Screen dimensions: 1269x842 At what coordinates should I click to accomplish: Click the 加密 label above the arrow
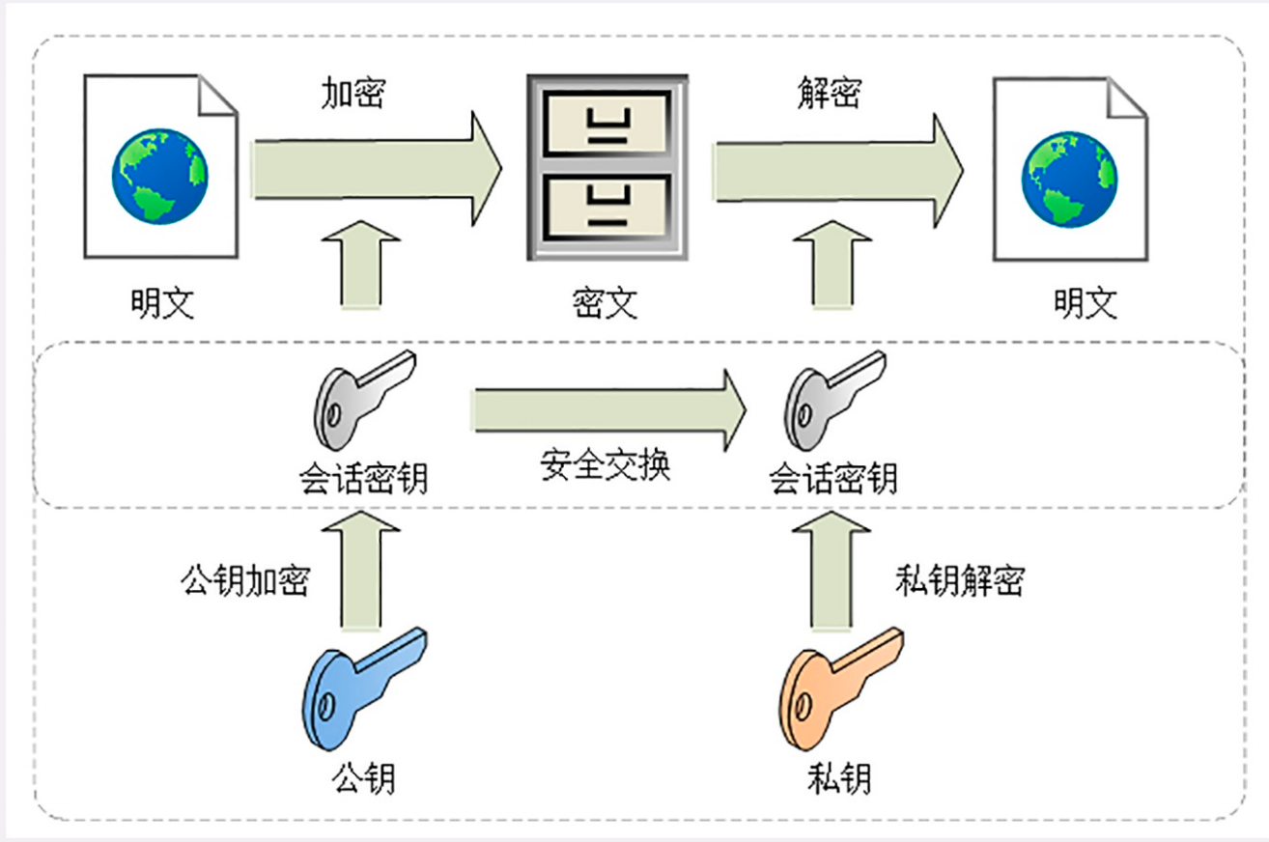[x=353, y=93]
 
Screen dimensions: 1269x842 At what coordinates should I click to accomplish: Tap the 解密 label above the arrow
[x=830, y=93]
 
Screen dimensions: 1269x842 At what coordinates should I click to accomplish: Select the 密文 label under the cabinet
[x=605, y=303]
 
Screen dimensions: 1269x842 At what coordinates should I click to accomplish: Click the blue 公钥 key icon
[x=364, y=688]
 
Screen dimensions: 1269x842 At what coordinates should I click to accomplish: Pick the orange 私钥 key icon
[x=841, y=688]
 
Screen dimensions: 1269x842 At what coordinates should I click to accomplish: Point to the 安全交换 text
[x=605, y=465]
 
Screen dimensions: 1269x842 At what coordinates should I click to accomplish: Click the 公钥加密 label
[x=246, y=581]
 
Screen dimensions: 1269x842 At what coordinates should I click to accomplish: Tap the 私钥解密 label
[x=960, y=581]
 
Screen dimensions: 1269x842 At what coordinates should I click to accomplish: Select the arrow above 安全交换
[x=609, y=410]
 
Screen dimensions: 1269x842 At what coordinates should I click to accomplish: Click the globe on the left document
[x=159, y=176]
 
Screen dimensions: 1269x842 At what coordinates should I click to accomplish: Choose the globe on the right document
[x=1070, y=180]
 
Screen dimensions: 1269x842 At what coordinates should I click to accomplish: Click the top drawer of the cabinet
[x=607, y=124]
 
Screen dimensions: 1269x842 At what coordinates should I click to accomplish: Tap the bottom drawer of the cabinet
[x=607, y=208]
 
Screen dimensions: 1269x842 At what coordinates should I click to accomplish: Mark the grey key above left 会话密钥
[x=364, y=400]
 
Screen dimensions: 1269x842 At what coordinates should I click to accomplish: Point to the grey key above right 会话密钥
[x=835, y=400]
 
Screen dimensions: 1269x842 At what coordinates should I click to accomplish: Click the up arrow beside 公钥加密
[x=361, y=570]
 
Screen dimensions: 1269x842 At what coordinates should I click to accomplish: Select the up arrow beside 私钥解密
[x=832, y=570]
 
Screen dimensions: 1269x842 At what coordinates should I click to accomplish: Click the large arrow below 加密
[x=378, y=169]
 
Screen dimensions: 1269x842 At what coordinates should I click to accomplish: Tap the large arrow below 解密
[x=839, y=171]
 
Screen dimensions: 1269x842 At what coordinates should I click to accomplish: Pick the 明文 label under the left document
[x=163, y=303]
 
